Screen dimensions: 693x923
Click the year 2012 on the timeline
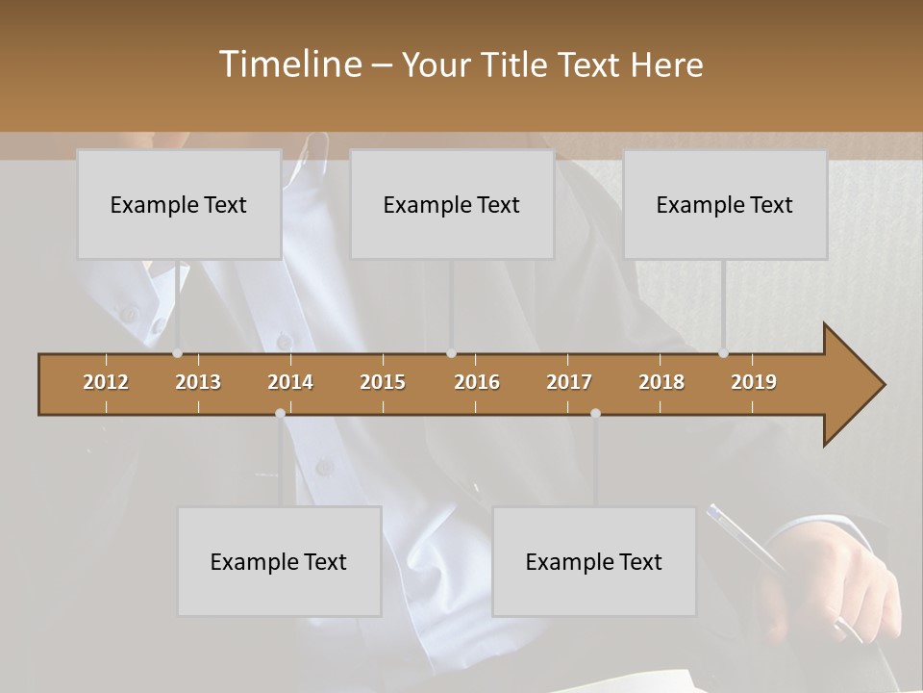click(x=106, y=382)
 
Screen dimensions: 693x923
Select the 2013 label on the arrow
click(x=198, y=382)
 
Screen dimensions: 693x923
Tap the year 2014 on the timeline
click(x=290, y=382)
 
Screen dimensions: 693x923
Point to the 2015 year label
click(x=383, y=382)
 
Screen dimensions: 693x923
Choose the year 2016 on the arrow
click(x=477, y=382)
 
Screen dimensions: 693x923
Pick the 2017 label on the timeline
click(x=569, y=382)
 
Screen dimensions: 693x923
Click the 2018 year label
click(x=661, y=382)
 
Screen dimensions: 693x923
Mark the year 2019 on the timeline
click(x=754, y=382)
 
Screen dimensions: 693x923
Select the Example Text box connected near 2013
click(x=179, y=204)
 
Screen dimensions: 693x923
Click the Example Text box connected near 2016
click(x=452, y=204)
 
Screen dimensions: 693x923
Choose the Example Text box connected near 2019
click(x=725, y=204)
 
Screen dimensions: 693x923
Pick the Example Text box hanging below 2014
click(x=279, y=561)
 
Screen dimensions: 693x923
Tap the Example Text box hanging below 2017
click(x=594, y=561)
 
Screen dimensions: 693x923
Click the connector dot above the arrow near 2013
click(x=177, y=353)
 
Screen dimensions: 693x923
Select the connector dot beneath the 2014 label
click(x=280, y=413)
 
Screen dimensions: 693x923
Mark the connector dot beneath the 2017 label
click(x=595, y=413)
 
